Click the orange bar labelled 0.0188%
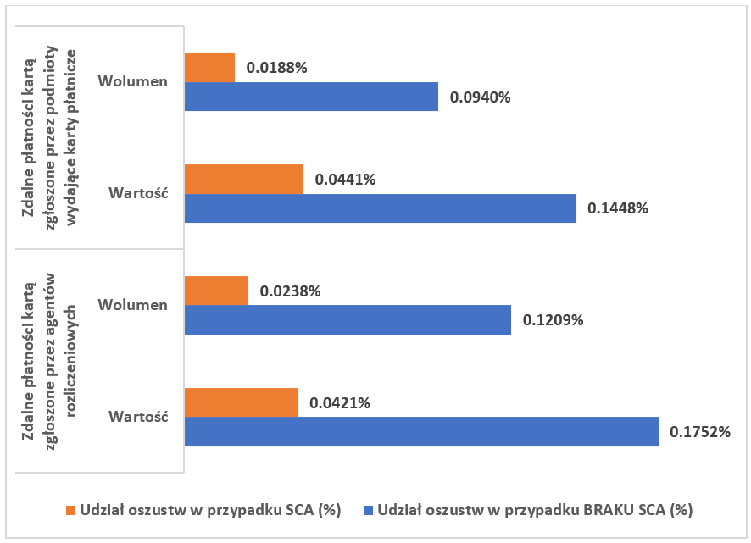click(x=209, y=67)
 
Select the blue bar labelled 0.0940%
click(x=311, y=97)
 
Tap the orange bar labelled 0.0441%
click(x=243, y=179)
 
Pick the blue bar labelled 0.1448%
click(x=380, y=208)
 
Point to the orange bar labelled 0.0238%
click(x=216, y=291)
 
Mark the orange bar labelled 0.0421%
click(x=241, y=402)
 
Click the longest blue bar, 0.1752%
click(x=421, y=431)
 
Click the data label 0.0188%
click(x=276, y=68)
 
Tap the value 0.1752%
click(x=700, y=432)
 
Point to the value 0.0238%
click(x=290, y=291)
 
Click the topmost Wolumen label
click(x=132, y=81)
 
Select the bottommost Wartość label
click(x=138, y=417)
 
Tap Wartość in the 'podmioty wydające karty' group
click(x=138, y=193)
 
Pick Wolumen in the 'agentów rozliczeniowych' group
click(x=132, y=305)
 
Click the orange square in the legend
click(x=71, y=511)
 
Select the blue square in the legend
click(x=368, y=511)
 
